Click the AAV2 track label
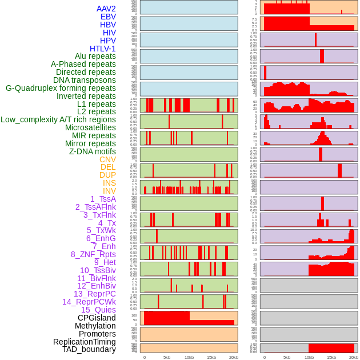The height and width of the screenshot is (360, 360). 106,9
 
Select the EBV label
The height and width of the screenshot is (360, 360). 108,17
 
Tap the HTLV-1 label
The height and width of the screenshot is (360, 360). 103,49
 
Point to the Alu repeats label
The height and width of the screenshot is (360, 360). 95,56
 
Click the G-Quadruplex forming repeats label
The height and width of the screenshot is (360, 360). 61,88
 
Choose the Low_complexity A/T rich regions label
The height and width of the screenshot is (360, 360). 58,119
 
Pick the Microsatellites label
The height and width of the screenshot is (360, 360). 90,127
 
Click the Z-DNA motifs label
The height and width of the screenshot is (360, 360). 93,151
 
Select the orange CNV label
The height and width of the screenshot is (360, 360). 107,159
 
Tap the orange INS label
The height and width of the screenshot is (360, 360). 109,183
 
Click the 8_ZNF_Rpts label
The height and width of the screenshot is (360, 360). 93,254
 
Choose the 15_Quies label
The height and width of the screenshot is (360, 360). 98,310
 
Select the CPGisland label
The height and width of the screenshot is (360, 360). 97,318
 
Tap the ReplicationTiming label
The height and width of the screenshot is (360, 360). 85,342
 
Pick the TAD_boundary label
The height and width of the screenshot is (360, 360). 89,349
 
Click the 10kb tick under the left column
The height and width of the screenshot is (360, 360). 189,357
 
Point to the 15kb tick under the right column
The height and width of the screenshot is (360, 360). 331,357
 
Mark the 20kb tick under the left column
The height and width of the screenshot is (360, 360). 234,357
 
